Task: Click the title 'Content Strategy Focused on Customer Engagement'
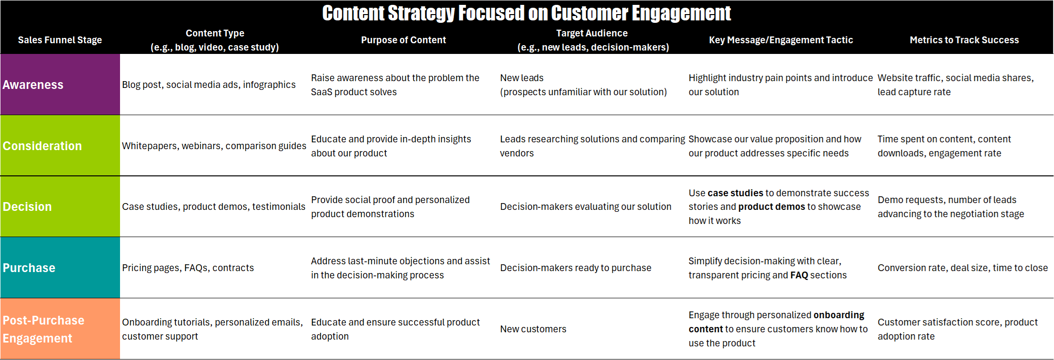tap(526, 13)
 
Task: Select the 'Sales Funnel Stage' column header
tap(60, 40)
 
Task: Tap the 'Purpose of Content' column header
tap(403, 40)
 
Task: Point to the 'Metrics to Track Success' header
tap(964, 40)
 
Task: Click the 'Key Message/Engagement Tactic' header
tap(781, 40)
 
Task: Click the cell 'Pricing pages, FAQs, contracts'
tap(188, 268)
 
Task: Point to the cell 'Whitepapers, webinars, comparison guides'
tap(214, 146)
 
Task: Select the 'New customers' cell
tap(533, 329)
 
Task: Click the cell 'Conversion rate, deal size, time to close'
tap(963, 268)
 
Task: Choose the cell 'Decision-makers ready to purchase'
tap(575, 268)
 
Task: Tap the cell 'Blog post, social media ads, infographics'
tap(209, 85)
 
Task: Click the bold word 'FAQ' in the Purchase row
tap(799, 275)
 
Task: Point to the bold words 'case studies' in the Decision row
tap(735, 193)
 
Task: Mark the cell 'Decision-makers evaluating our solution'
tap(586, 206)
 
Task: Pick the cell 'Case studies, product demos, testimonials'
tap(214, 206)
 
